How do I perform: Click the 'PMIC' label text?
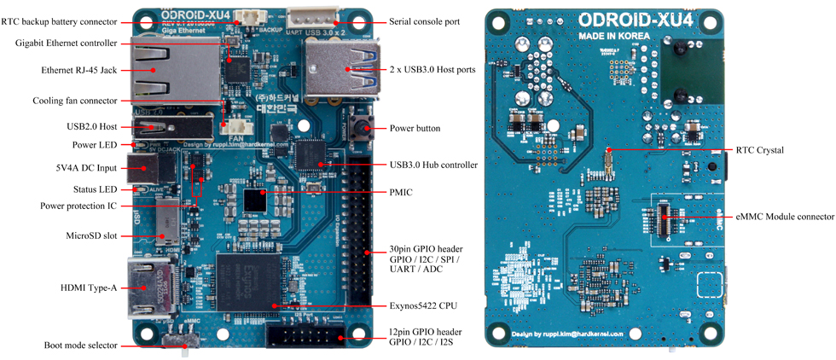(x=400, y=192)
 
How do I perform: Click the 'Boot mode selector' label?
(x=80, y=345)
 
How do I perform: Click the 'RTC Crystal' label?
(x=759, y=150)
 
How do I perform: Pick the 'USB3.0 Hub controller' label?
(x=433, y=165)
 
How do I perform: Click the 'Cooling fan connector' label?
(x=74, y=101)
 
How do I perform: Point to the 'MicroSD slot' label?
(x=90, y=235)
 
